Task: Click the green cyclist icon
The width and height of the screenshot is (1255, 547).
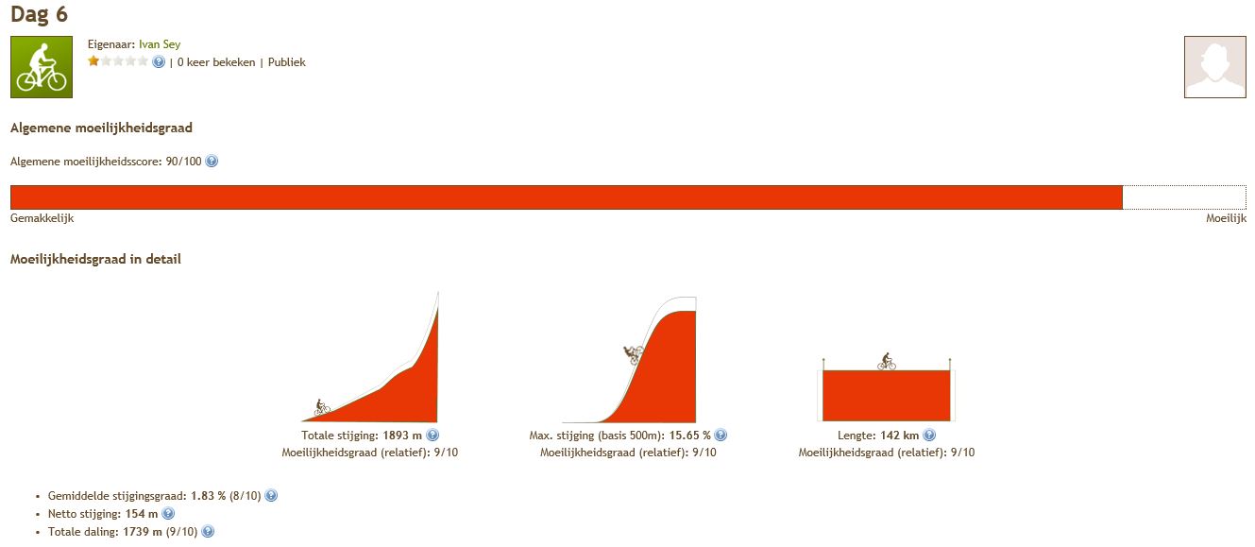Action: point(42,67)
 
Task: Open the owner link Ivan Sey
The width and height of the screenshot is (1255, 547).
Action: point(160,44)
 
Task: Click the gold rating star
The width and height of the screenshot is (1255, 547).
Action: point(93,61)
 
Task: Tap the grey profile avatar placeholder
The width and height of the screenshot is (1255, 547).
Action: point(1214,67)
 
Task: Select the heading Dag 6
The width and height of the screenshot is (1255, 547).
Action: point(40,14)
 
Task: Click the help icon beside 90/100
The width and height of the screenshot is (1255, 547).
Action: point(212,162)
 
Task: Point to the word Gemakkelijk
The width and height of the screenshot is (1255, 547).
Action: point(42,218)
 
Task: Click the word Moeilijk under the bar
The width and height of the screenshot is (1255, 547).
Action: point(1226,218)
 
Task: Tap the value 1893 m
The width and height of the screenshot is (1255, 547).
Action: point(402,436)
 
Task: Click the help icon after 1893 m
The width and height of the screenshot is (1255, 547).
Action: point(432,435)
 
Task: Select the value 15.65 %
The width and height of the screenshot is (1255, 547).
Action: point(689,436)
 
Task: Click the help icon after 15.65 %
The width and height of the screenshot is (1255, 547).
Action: point(721,435)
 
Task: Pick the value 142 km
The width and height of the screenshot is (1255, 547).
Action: point(899,436)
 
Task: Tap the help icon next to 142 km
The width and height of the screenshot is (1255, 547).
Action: point(929,435)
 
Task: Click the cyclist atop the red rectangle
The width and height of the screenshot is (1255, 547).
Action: point(887,362)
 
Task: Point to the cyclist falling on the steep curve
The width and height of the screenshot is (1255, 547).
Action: point(634,354)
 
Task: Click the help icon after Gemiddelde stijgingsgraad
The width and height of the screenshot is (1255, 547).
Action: point(271,495)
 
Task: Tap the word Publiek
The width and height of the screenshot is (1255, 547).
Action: point(286,62)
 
